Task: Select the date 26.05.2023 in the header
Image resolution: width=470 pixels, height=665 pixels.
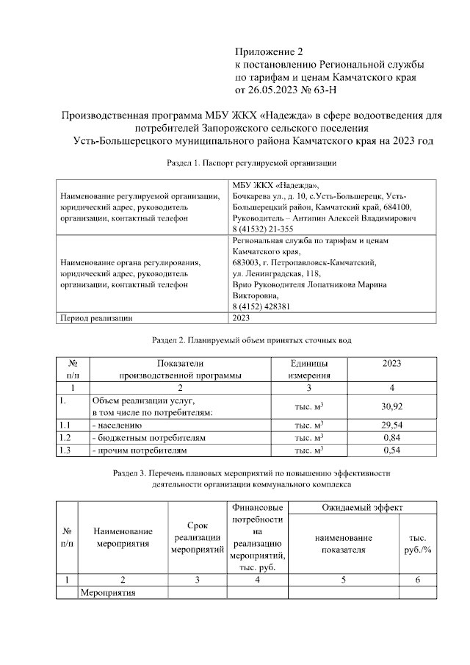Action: coord(275,91)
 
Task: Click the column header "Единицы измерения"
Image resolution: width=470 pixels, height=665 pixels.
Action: coord(309,369)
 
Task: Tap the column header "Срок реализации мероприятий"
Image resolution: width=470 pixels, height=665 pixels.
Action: coord(197,538)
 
